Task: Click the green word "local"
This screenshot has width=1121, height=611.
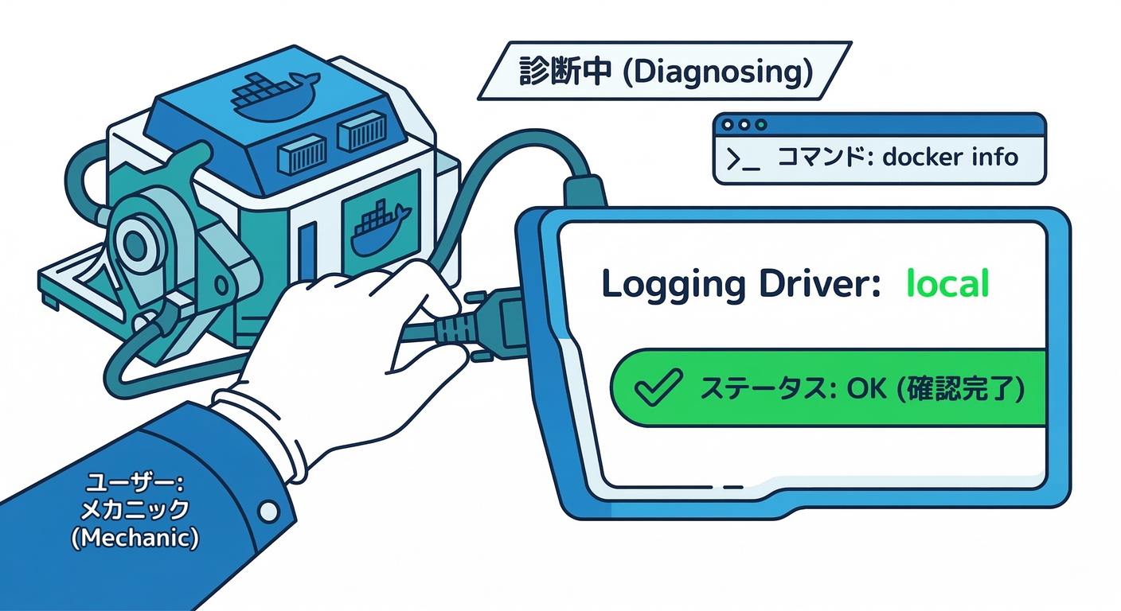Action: click(x=947, y=283)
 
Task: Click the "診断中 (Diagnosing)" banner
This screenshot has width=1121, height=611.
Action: click(x=664, y=71)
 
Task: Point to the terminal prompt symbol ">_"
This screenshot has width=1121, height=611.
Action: click(x=743, y=158)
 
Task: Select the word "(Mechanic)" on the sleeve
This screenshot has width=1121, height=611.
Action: click(x=135, y=538)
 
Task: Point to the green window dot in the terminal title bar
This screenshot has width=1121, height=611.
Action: click(x=761, y=125)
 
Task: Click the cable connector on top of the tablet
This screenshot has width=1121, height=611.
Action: click(x=584, y=192)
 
